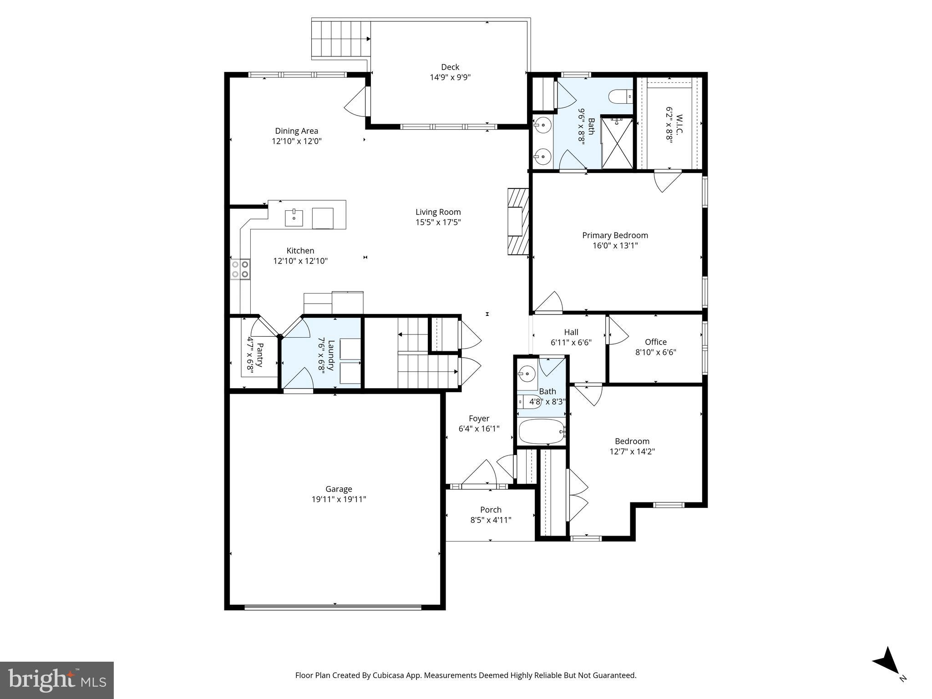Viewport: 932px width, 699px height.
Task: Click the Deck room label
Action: [450, 67]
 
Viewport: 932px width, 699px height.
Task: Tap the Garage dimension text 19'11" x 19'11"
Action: [339, 499]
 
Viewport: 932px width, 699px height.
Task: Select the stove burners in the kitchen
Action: [240, 269]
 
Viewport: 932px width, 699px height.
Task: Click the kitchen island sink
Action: [294, 218]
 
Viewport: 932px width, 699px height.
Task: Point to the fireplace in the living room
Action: [517, 222]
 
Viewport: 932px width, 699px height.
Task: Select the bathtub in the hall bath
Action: [542, 431]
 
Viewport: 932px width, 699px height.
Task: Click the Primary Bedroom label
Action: [615, 235]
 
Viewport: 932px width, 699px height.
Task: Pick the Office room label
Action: [655, 342]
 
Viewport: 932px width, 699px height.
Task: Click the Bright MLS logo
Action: [57, 680]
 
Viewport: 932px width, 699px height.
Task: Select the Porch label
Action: [491, 510]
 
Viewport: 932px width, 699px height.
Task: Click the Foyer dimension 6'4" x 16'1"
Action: [479, 429]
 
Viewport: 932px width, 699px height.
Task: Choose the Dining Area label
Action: [296, 131]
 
